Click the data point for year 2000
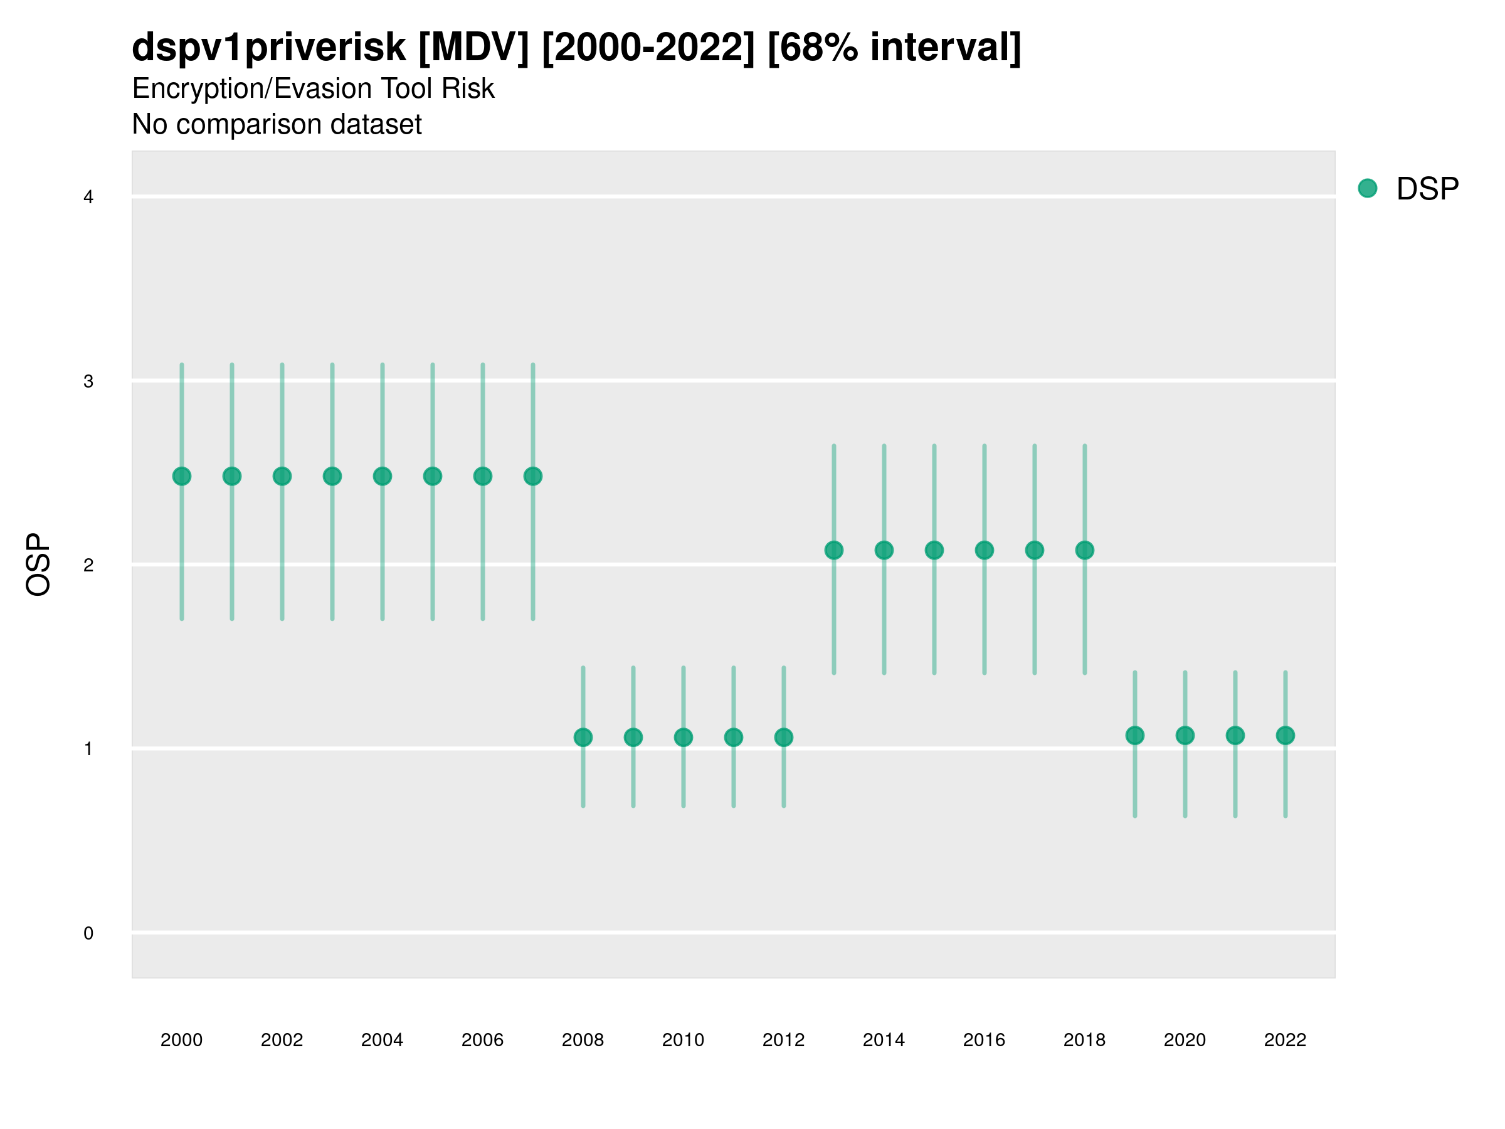(x=182, y=476)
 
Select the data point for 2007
(x=533, y=476)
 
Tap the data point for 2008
(x=583, y=737)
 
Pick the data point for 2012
(x=784, y=737)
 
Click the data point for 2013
(x=834, y=550)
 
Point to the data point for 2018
(x=1084, y=550)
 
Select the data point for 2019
(x=1135, y=735)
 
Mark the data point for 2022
(x=1286, y=735)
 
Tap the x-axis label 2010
(x=683, y=1040)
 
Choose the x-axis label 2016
(x=984, y=1040)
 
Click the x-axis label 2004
(x=382, y=1040)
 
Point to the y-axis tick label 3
(x=88, y=381)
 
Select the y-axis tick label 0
(x=88, y=933)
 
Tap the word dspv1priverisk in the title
(x=269, y=47)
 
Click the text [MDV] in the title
(x=473, y=47)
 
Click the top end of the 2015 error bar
(x=934, y=446)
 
